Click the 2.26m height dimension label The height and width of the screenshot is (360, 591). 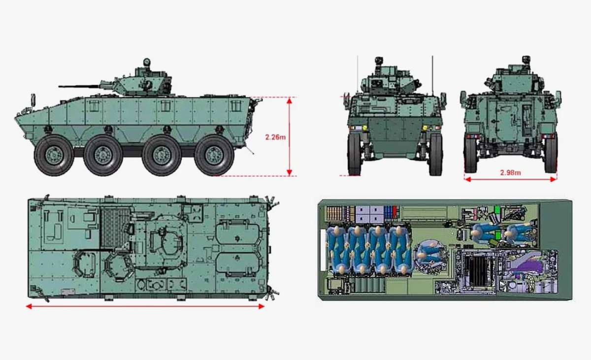click(x=275, y=137)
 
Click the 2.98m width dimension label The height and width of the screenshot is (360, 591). click(x=511, y=173)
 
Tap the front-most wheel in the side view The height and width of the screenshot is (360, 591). click(x=54, y=155)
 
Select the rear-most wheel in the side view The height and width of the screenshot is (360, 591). click(x=214, y=155)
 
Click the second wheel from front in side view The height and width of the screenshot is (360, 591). click(x=103, y=155)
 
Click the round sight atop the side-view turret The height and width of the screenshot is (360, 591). click(x=147, y=62)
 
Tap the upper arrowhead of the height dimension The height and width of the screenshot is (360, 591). click(x=290, y=100)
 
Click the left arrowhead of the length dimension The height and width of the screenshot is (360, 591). click(x=29, y=306)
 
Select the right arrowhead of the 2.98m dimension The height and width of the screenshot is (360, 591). click(x=554, y=179)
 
